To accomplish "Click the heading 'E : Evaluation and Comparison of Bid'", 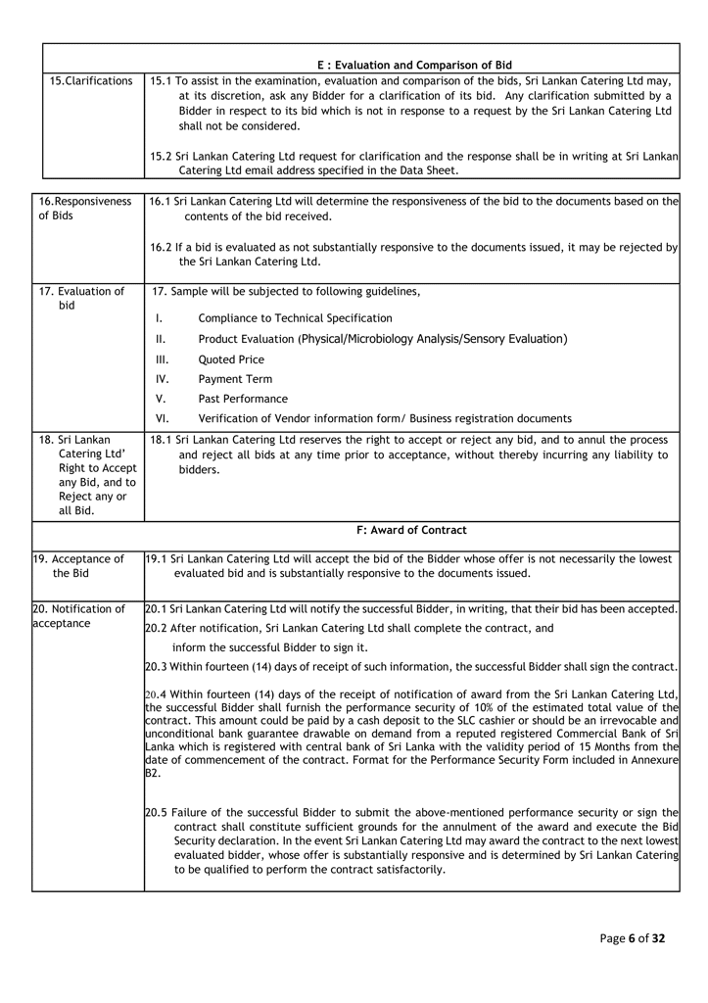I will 414,65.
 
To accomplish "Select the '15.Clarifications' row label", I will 91,80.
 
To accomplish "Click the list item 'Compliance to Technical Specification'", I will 295,318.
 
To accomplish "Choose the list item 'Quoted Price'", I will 231,359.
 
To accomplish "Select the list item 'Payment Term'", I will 235,379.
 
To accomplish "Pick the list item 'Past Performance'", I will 243,399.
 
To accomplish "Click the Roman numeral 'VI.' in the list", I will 163,418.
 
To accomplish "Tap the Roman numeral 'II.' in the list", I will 161,339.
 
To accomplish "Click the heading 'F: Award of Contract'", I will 411,530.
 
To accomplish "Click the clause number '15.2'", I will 164,156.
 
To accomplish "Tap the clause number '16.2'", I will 164,247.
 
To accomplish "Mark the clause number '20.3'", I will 157,667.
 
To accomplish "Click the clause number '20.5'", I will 157,812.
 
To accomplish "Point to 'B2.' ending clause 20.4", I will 152,773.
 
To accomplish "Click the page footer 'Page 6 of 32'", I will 633,938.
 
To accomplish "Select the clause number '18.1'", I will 164,440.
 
